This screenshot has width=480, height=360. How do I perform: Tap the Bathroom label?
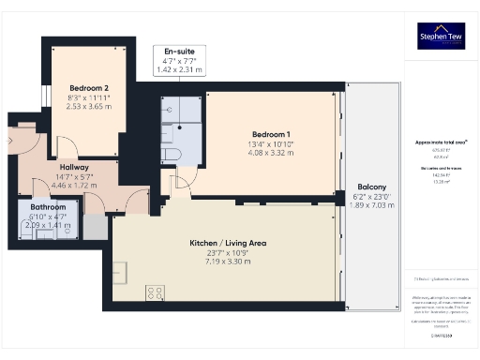[48, 206]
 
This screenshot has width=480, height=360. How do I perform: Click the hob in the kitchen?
[156, 292]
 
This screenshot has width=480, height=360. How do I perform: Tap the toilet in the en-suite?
[170, 153]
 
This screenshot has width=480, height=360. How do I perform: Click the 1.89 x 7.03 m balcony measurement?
[371, 206]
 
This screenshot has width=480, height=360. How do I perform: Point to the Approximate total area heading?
[441, 142]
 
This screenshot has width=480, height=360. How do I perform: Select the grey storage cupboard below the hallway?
[95, 226]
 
